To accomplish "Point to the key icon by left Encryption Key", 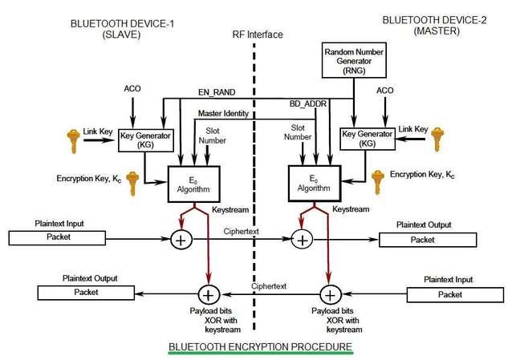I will tap(132, 181).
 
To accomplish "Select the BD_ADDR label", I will tap(304, 105).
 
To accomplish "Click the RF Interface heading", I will tap(257, 34).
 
